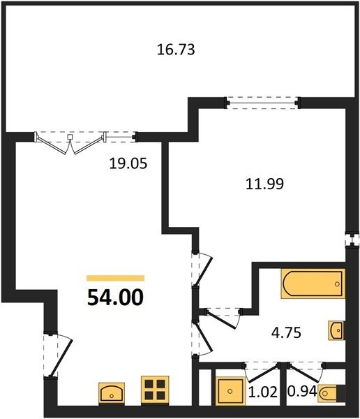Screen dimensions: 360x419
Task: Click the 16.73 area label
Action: pyautogui.click(x=176, y=50)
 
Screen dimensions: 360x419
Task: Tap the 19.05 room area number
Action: pyautogui.click(x=128, y=163)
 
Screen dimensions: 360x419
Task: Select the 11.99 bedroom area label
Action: pyautogui.click(x=264, y=184)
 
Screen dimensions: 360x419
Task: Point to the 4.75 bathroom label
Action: pyautogui.click(x=286, y=332)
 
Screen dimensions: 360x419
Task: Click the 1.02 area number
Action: pyautogui.click(x=263, y=392)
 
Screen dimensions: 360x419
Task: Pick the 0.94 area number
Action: pyautogui.click(x=302, y=391)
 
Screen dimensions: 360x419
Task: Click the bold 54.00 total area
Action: pyautogui.click(x=115, y=297)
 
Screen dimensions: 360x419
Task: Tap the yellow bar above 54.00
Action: pyautogui.click(x=116, y=278)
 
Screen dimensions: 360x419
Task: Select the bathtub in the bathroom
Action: pyautogui.click(x=313, y=284)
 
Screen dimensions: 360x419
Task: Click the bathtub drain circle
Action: pyautogui.click(x=337, y=284)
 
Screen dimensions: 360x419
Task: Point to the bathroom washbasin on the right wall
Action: pyautogui.click(x=336, y=330)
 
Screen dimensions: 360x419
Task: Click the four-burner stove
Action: pyautogui.click(x=155, y=391)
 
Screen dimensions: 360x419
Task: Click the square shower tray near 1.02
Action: pyautogui.click(x=230, y=391)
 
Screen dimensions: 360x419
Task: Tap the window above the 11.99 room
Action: pyautogui.click(x=262, y=103)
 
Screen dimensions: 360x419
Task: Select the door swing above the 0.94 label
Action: pyautogui.click(x=306, y=372)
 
